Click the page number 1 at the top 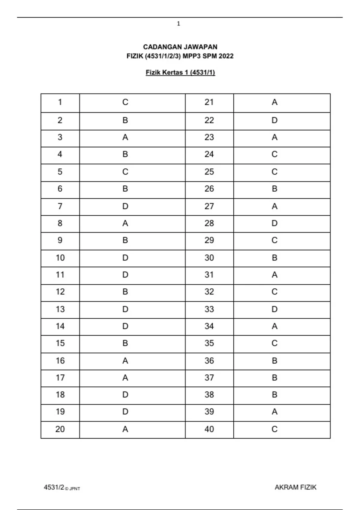click(x=178, y=24)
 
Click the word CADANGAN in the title click(x=158, y=47)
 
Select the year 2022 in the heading click(x=226, y=56)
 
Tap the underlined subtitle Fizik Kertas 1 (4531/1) click(x=180, y=73)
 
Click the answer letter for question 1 click(x=125, y=102)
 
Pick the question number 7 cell click(x=60, y=206)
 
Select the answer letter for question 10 click(x=125, y=258)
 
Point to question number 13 click(x=60, y=309)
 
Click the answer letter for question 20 click(x=125, y=429)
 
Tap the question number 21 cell click(x=209, y=102)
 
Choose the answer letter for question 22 click(x=274, y=120)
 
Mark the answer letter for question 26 click(x=274, y=189)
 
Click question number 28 click(x=209, y=223)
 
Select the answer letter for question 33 click(x=274, y=309)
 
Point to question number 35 click(x=209, y=343)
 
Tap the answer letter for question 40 click(x=274, y=429)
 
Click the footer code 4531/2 click(x=54, y=487)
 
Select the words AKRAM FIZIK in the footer click(x=295, y=487)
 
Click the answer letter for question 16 click(x=125, y=361)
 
